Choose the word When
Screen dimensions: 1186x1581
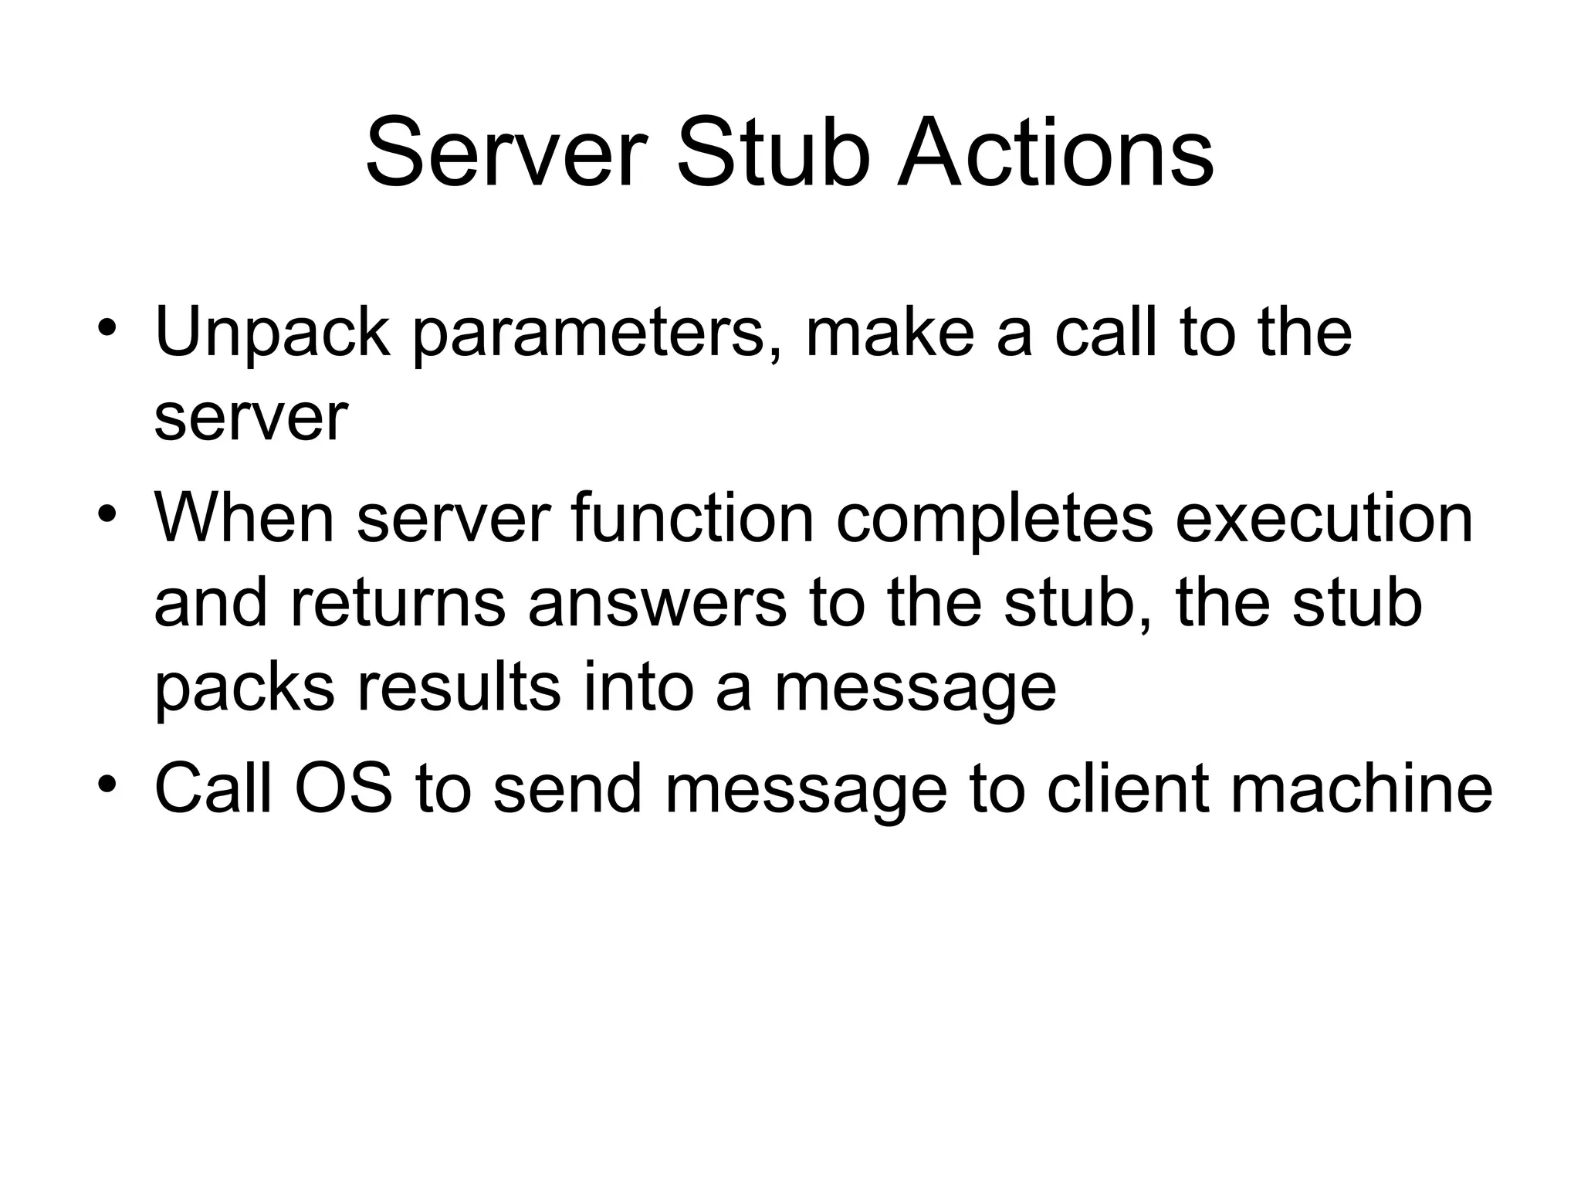(x=244, y=518)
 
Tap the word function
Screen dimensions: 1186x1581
(x=692, y=518)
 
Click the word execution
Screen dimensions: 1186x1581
(x=1324, y=518)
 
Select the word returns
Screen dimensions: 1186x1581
(x=398, y=604)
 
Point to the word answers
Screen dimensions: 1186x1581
(x=657, y=604)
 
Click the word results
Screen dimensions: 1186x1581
(x=459, y=687)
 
